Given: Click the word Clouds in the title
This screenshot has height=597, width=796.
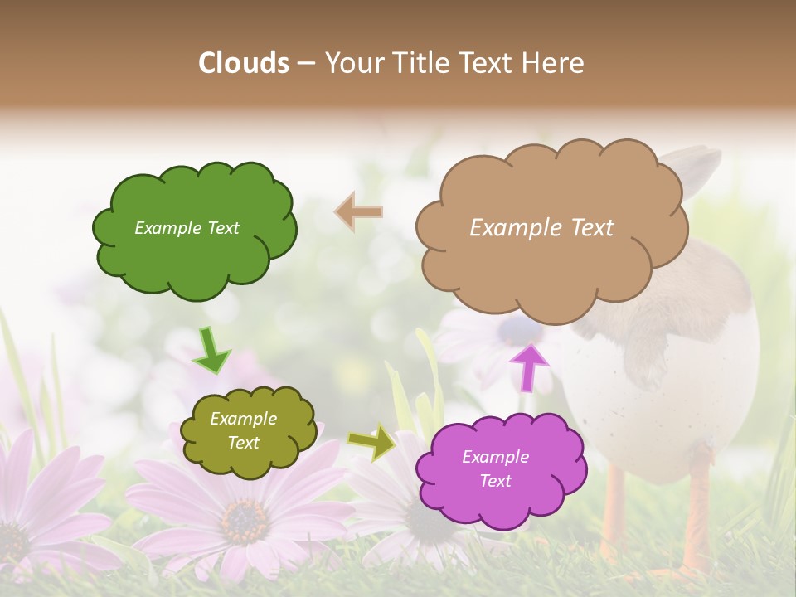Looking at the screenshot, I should [244, 63].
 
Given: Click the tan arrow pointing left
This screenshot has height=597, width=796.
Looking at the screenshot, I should [359, 212].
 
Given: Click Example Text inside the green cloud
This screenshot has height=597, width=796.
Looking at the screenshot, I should [187, 228].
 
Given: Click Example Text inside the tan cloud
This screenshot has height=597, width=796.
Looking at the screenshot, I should [541, 228].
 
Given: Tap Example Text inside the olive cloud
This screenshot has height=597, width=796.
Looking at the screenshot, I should [243, 431].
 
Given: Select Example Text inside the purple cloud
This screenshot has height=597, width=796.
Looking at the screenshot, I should [495, 468].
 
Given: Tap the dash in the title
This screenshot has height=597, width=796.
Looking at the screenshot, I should [305, 64].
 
